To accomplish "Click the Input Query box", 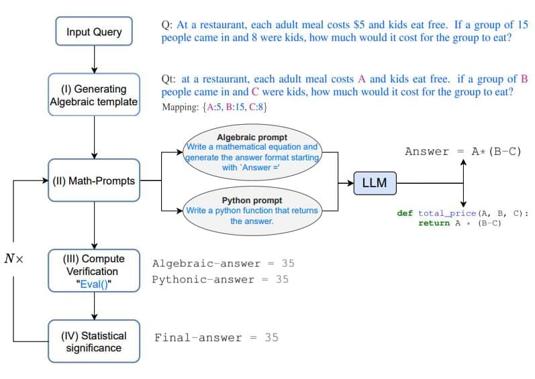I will click(94, 32).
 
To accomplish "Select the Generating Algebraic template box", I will click(94, 95).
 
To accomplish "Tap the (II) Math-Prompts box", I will click(94, 180).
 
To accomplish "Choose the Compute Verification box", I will click(94, 271).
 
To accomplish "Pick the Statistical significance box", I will click(94, 341).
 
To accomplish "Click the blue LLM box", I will click(374, 182).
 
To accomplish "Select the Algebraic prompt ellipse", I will click(252, 152).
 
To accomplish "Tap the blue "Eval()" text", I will click(95, 284).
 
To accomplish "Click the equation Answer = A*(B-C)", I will click(463, 152).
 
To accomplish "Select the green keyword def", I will click(405, 213).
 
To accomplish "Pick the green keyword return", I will click(434, 223).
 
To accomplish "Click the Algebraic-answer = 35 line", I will click(223, 264).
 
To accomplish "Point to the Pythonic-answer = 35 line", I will click(220, 279).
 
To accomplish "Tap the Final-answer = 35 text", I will click(216, 337).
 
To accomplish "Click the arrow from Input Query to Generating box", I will click(94, 59).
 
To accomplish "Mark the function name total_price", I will click(446, 213).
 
